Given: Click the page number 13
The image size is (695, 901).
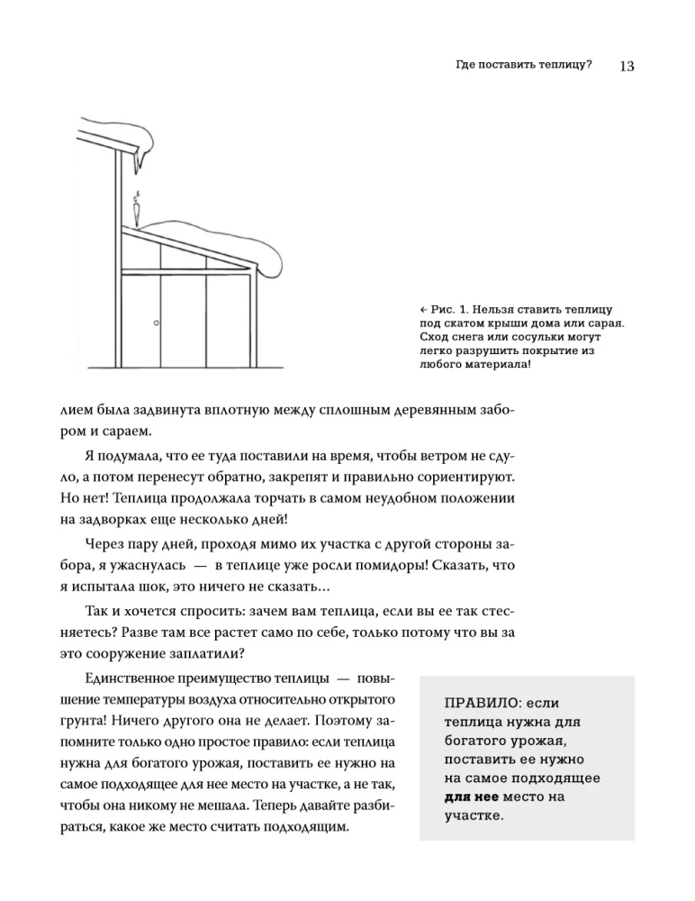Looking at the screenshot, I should [x=627, y=66].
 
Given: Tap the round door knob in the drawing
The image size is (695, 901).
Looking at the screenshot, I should [x=156, y=323].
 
